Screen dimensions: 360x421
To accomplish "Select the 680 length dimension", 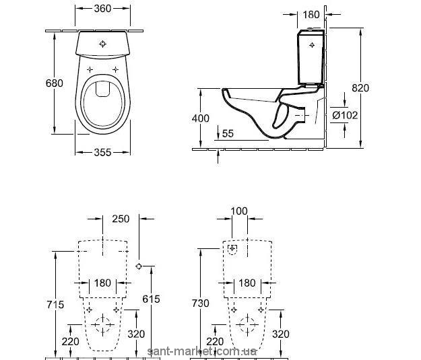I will point(55,83).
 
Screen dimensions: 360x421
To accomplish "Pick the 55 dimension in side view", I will point(228,134).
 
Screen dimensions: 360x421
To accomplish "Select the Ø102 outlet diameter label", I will point(346,115).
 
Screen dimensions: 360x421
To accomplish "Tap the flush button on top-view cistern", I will point(103,44).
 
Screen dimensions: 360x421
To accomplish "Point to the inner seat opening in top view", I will point(103,102).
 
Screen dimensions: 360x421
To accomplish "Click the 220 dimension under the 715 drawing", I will point(70,341).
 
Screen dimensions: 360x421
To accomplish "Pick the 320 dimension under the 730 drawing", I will point(280,334).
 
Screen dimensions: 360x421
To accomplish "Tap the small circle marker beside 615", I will point(139,266).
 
